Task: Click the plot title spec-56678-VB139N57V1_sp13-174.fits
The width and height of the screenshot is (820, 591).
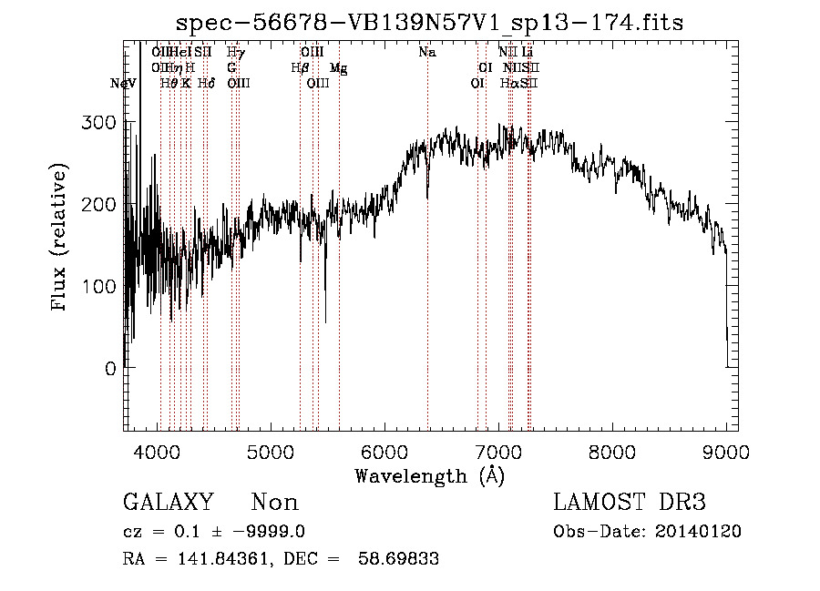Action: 429,22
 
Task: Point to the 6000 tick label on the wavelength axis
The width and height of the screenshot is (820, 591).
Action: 384,452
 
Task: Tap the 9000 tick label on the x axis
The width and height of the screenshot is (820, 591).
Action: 725,452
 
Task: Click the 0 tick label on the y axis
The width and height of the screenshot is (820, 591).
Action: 109,369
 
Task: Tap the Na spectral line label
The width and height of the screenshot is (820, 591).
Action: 426,52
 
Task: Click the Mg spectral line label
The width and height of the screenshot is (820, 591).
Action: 338,68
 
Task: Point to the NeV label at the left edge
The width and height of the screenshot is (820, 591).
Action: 123,84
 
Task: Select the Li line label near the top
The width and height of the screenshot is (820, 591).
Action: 528,52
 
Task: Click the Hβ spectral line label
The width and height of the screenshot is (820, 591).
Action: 298,68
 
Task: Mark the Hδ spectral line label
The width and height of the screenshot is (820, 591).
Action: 206,84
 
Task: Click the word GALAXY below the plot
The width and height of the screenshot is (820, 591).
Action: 169,503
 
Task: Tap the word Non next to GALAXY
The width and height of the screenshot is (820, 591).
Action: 275,503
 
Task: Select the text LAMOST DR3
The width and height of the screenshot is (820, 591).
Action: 630,503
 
